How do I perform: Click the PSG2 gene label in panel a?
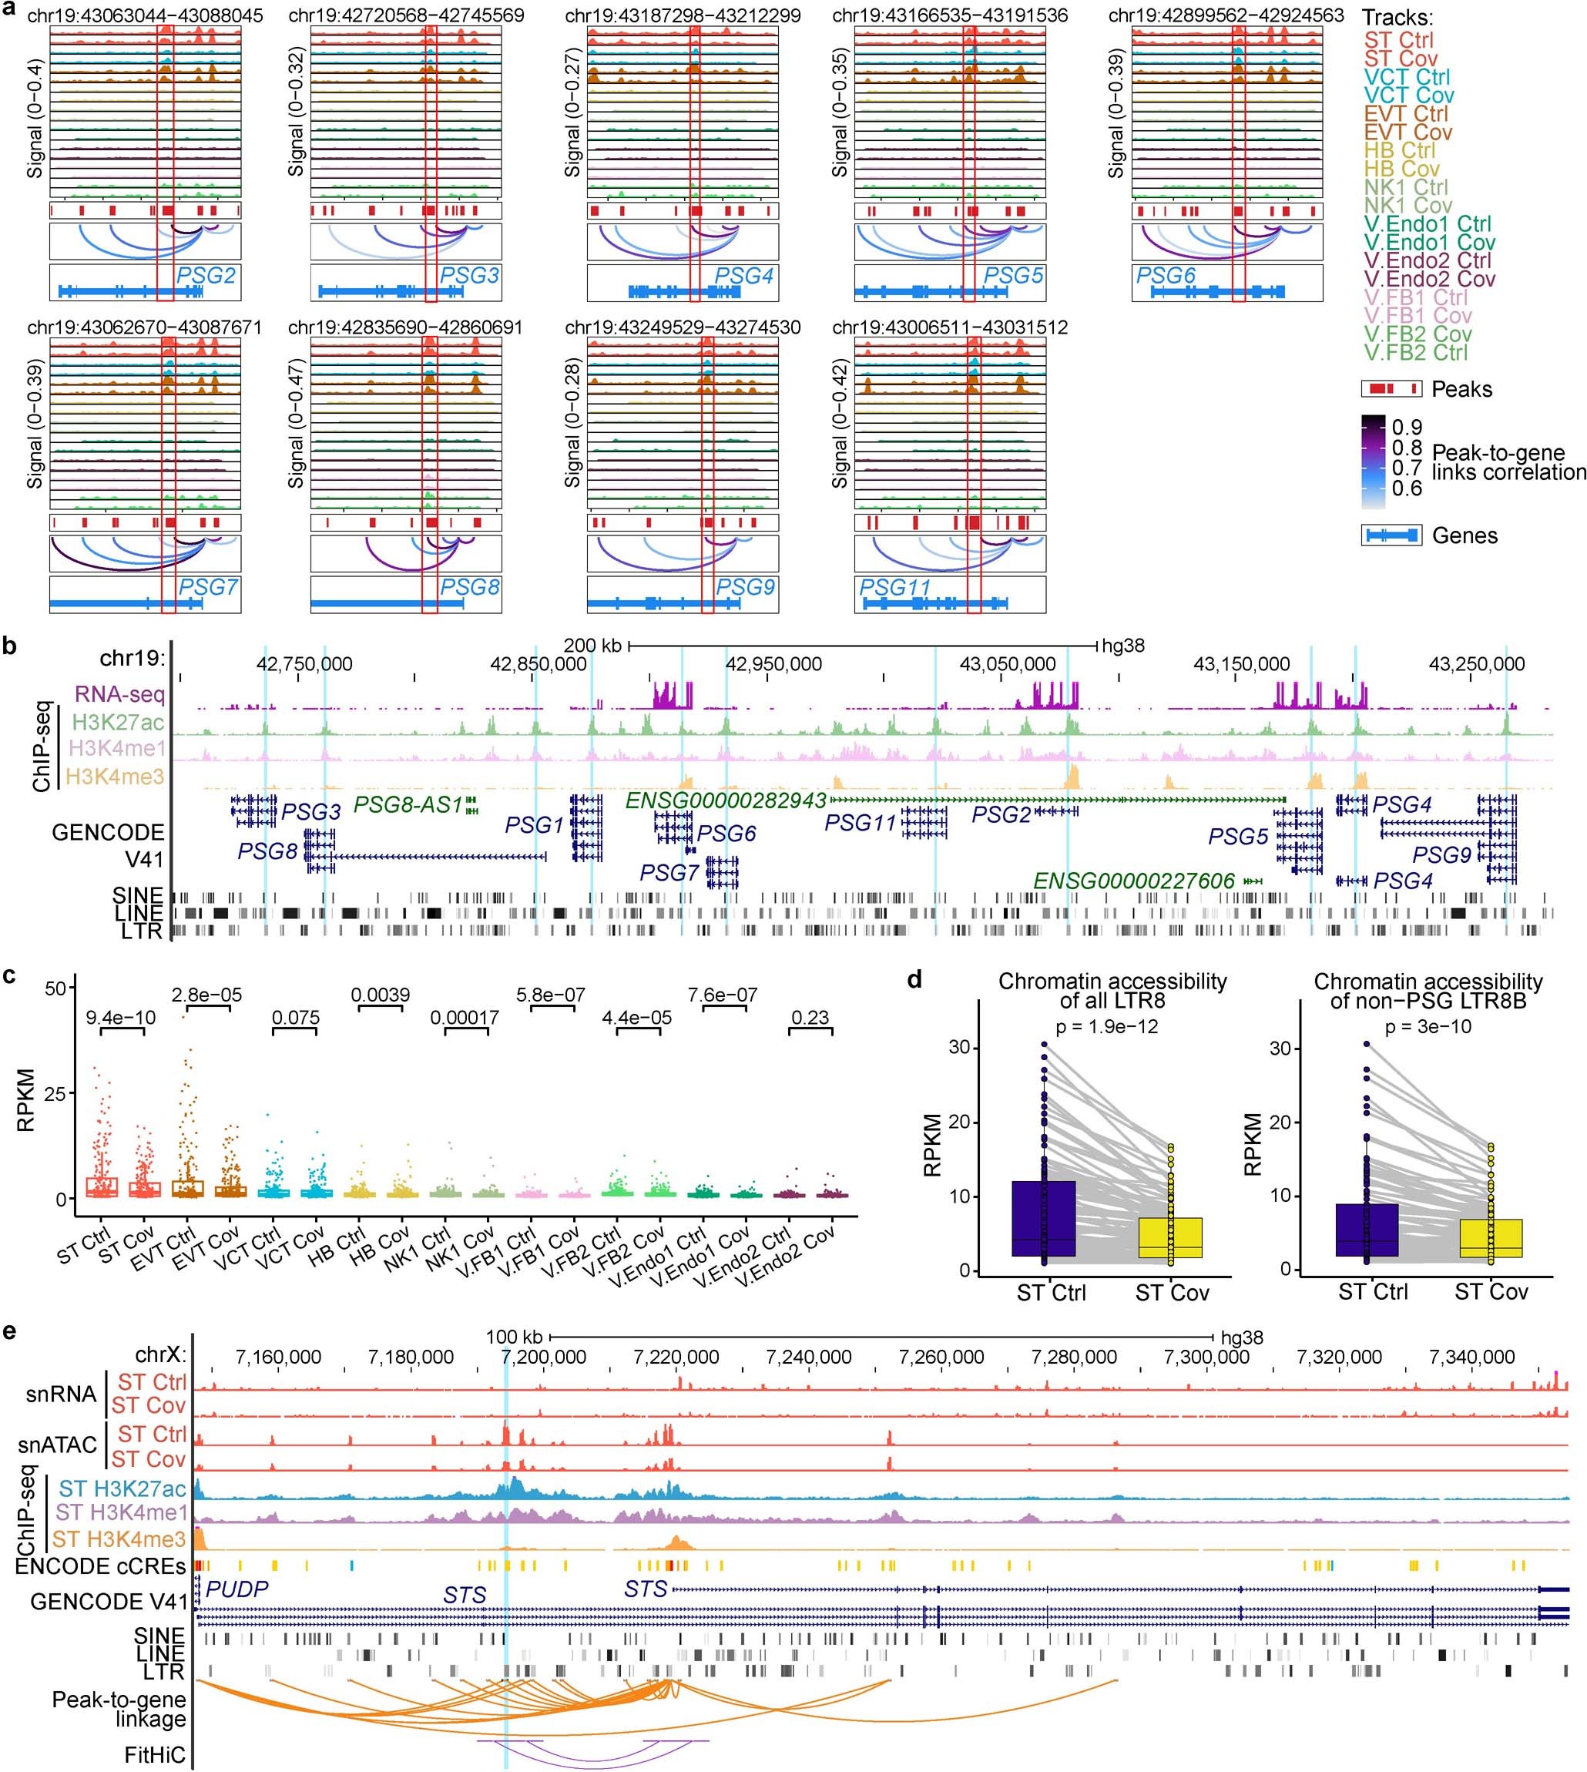coord(206,277)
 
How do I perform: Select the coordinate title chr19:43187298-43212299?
coord(683,15)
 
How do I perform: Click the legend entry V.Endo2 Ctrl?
coord(1428,260)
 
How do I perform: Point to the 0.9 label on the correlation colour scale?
coord(1407,428)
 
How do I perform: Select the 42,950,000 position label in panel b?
coord(773,663)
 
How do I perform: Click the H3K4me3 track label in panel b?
coord(115,776)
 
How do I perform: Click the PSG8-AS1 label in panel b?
coord(408,805)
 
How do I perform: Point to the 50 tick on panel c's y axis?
coord(55,988)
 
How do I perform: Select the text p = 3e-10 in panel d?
coord(1428,1026)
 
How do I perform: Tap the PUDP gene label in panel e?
coord(237,1589)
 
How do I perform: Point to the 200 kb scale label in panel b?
coord(592,646)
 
